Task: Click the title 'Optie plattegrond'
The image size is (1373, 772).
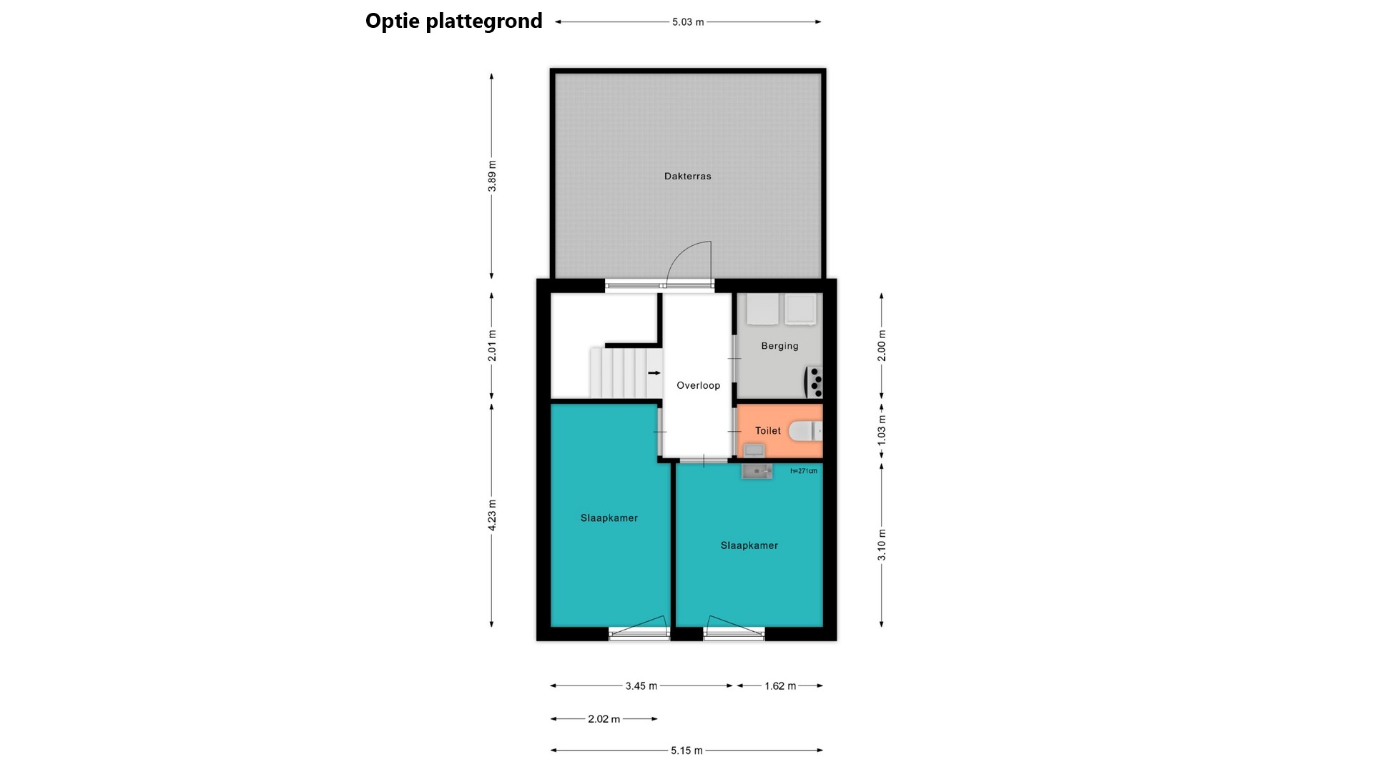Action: (453, 21)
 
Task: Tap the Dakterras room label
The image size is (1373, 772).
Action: (687, 176)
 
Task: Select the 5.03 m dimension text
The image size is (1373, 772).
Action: (688, 22)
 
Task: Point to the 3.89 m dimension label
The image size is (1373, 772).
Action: (492, 176)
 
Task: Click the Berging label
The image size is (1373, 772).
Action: (779, 346)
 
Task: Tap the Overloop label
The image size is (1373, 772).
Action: (698, 385)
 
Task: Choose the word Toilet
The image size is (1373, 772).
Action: (768, 430)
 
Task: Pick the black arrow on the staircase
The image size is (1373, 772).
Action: (654, 372)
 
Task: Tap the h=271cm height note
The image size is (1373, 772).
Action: (804, 471)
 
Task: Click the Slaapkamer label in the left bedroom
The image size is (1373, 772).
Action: (609, 518)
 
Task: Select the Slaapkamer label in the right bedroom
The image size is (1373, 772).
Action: (749, 545)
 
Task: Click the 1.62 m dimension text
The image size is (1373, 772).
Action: (780, 686)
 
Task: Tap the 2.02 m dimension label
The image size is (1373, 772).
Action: (604, 719)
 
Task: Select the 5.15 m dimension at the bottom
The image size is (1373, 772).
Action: (686, 751)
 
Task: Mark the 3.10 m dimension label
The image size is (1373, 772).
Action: (882, 545)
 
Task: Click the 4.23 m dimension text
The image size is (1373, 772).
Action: (492, 515)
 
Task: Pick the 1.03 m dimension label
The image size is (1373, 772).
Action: (882, 430)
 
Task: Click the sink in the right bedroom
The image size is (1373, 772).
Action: (757, 471)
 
